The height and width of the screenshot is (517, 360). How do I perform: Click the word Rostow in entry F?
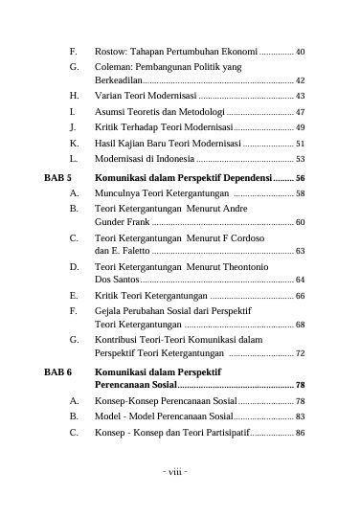110,51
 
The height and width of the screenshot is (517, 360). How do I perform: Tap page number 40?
300,51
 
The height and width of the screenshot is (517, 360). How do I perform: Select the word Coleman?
113,67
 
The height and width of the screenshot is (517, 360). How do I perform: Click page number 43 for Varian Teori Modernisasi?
300,97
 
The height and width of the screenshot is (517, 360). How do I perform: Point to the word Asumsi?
110,112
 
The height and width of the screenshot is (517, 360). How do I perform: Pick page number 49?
300,127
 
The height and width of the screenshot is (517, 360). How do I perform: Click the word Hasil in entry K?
105,143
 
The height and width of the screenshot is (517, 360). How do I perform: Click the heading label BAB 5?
59,177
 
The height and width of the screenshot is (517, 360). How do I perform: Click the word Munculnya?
118,192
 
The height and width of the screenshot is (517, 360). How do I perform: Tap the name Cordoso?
244,237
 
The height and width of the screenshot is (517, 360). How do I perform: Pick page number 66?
300,297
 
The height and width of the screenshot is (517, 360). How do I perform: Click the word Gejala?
108,312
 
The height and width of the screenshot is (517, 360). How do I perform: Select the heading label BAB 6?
59,371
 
